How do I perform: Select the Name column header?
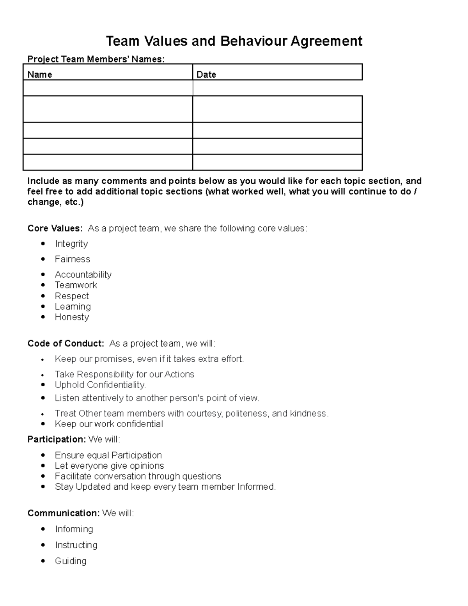point(40,75)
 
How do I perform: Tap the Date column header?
point(206,75)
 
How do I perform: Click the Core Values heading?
point(55,228)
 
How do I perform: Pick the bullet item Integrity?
point(71,244)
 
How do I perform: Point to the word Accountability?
point(83,274)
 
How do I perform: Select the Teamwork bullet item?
point(76,285)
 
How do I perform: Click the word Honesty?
point(72,317)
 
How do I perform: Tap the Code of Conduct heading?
point(66,343)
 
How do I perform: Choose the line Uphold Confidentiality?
point(100,385)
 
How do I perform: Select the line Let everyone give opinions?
point(109,466)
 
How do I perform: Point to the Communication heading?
point(64,513)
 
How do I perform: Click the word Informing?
point(74,529)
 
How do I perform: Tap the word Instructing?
point(76,545)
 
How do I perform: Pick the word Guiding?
point(71,561)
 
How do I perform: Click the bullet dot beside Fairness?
point(43,259)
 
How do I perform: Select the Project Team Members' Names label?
point(96,59)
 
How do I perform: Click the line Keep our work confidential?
point(109,424)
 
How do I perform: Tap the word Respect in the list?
point(72,296)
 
